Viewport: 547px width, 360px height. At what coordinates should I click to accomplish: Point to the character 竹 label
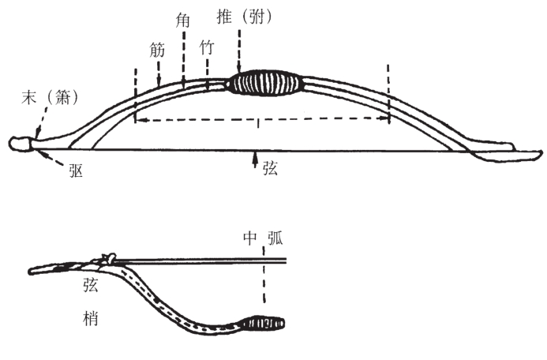click(207, 48)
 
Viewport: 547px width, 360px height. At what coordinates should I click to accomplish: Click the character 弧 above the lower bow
click(275, 238)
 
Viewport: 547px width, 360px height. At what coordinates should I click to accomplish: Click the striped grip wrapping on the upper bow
click(264, 83)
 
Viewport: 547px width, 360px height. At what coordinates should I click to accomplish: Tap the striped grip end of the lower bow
click(264, 323)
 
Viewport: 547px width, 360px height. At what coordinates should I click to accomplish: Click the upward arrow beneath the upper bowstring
click(254, 159)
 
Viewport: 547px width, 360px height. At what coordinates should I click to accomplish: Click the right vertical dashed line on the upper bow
click(388, 92)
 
